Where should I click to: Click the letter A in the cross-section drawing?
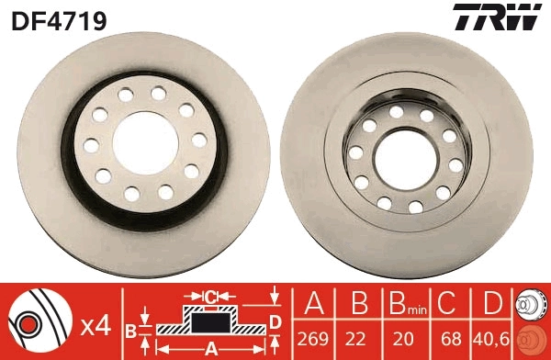[210, 347]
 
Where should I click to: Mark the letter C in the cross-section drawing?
[209, 296]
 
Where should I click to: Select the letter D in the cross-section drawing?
[275, 321]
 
